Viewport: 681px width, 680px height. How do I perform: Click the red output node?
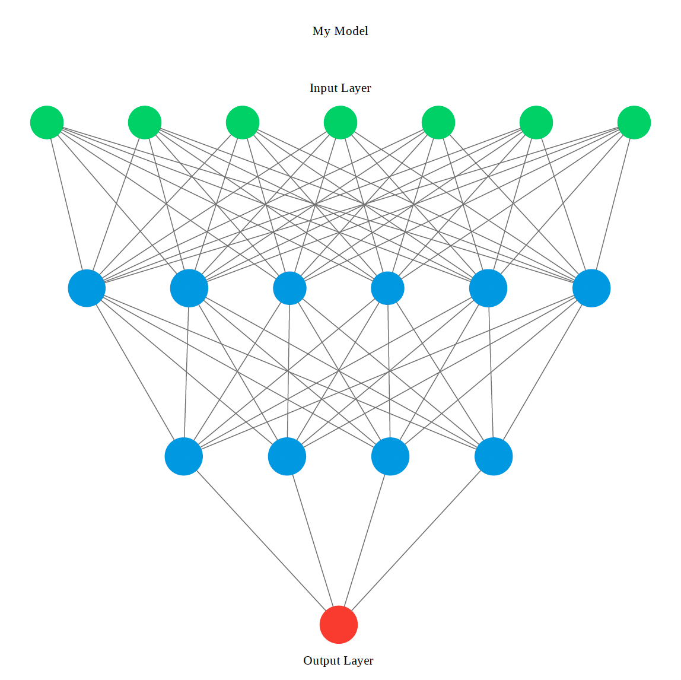(339, 625)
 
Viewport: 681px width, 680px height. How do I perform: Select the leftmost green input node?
(47, 123)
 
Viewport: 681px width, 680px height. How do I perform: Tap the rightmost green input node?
(634, 123)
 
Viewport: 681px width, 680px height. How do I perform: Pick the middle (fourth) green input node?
(340, 123)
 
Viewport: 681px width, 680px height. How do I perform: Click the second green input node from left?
(145, 123)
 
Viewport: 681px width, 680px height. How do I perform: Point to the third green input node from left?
(243, 123)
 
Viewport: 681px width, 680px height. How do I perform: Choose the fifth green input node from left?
(438, 123)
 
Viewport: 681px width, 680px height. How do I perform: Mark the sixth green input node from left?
(536, 123)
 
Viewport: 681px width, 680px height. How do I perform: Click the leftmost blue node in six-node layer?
(87, 288)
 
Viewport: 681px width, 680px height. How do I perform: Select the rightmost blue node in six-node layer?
(591, 288)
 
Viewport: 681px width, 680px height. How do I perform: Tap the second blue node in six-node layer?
(189, 288)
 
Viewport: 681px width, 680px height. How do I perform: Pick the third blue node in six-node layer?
(289, 288)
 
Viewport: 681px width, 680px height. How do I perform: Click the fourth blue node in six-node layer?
(387, 288)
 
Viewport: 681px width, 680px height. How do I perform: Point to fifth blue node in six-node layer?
(488, 288)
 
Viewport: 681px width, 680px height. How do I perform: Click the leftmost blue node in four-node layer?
(184, 457)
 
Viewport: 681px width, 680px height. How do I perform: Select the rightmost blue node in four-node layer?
(494, 457)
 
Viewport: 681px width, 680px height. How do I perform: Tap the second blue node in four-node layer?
(287, 457)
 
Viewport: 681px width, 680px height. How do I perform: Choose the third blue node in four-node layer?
(390, 457)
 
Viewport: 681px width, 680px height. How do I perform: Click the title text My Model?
(340, 31)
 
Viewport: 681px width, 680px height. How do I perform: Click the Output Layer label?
(338, 660)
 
